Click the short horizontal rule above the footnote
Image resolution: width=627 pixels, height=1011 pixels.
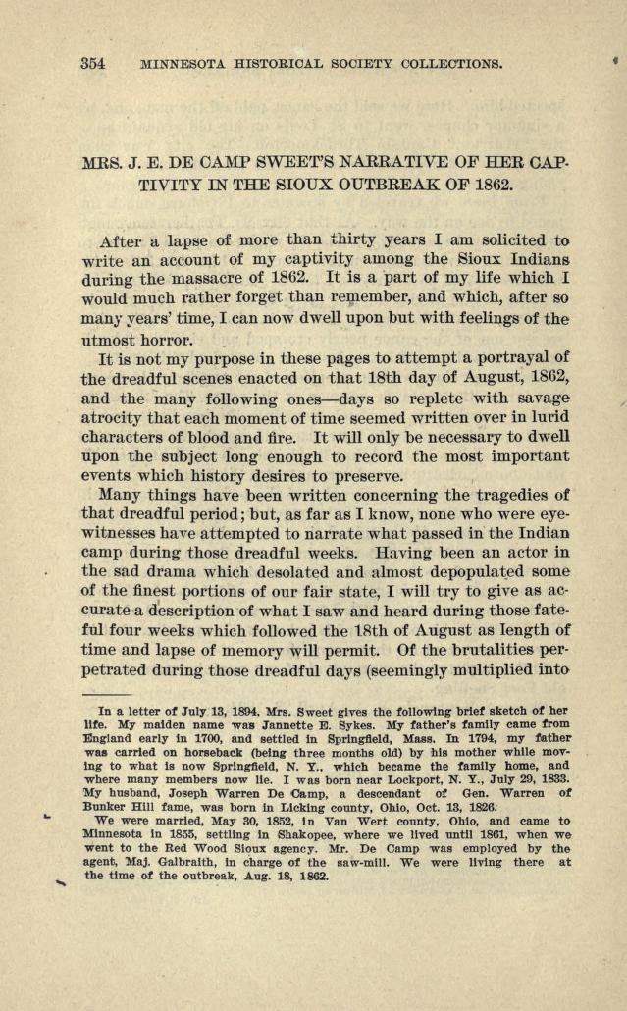[120, 693]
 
